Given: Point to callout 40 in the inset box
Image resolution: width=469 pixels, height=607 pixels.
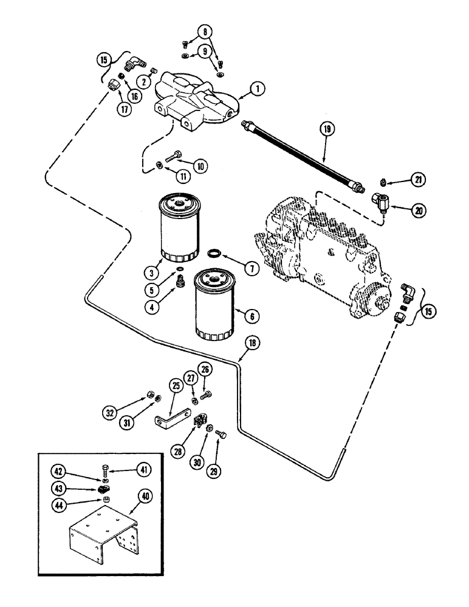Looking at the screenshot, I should [x=148, y=497].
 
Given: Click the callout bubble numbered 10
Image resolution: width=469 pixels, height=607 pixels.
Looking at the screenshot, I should [x=200, y=166].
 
